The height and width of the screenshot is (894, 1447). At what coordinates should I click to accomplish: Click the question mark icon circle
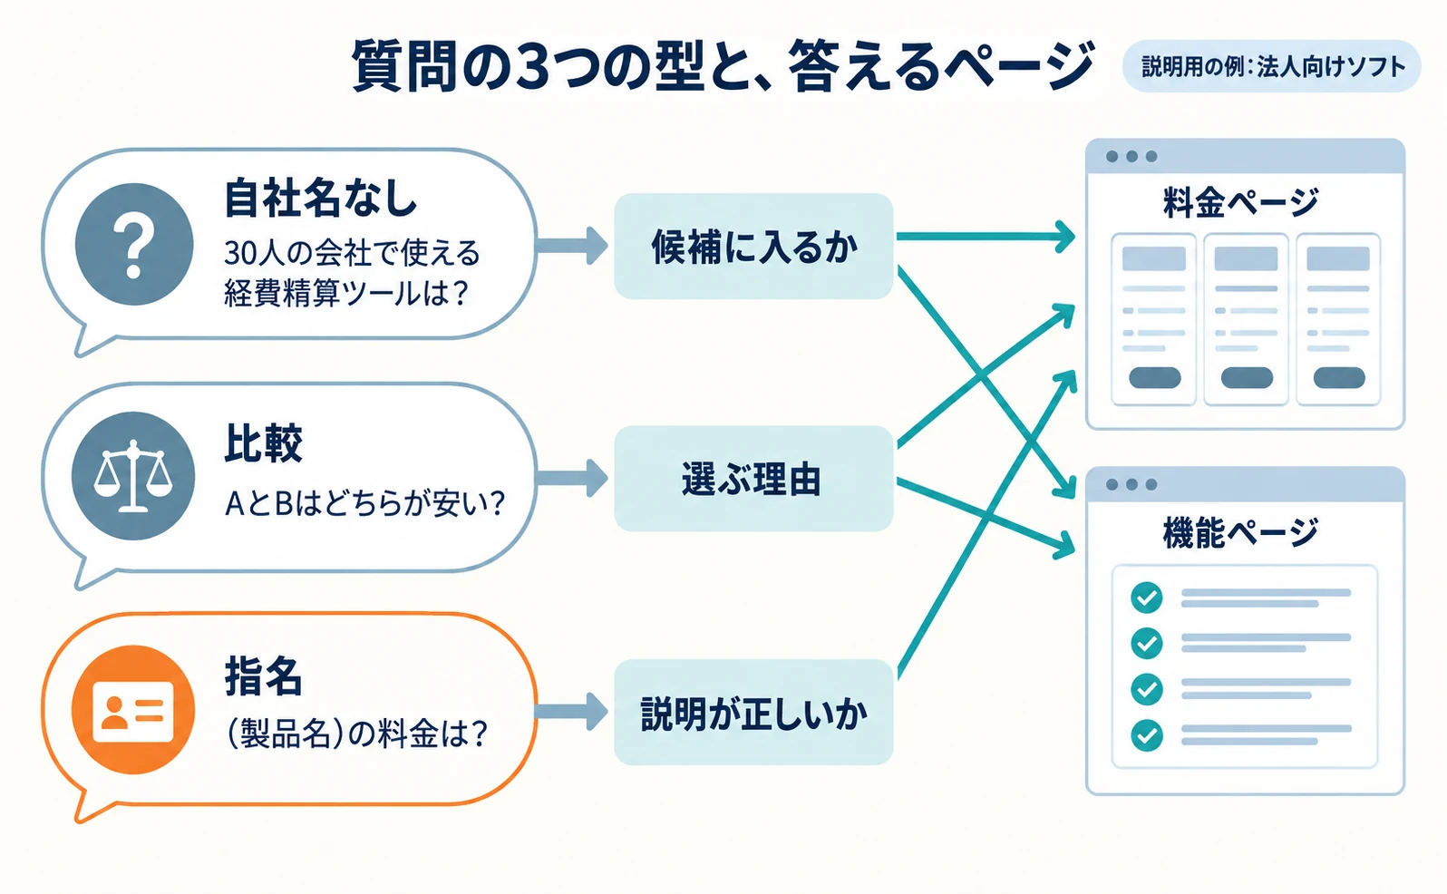(x=133, y=244)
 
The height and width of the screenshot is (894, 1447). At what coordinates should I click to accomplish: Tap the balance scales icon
(x=133, y=477)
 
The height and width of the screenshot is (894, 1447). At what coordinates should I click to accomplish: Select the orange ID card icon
(x=133, y=710)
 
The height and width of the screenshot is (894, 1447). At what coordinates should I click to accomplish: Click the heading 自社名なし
(x=320, y=199)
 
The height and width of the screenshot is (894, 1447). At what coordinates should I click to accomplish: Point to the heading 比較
(x=263, y=443)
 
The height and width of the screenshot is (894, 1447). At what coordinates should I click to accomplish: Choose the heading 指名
(x=263, y=676)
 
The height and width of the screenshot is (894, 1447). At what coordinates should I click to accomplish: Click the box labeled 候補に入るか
(x=753, y=246)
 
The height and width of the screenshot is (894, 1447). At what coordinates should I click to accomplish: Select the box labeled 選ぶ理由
(x=753, y=479)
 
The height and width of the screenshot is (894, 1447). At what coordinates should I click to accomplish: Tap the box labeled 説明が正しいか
(x=753, y=713)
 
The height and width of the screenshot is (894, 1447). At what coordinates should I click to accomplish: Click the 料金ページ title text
(x=1240, y=202)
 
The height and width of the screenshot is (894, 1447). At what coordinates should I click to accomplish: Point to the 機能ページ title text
(x=1240, y=532)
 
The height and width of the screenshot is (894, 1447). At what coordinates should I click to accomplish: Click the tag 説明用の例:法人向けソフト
(x=1272, y=66)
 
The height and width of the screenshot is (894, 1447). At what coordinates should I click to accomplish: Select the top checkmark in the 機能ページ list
(x=1147, y=598)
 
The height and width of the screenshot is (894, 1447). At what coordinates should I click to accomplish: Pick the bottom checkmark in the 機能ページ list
(x=1147, y=735)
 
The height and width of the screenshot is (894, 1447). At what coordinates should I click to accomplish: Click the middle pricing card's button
(x=1247, y=377)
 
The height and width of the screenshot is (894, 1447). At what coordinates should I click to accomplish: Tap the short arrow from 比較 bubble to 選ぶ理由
(x=572, y=479)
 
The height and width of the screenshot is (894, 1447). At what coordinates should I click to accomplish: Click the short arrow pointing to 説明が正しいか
(x=572, y=712)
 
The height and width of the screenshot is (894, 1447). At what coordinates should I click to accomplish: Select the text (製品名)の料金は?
(x=356, y=734)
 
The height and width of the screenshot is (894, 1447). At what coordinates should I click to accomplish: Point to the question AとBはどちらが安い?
(x=364, y=503)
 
